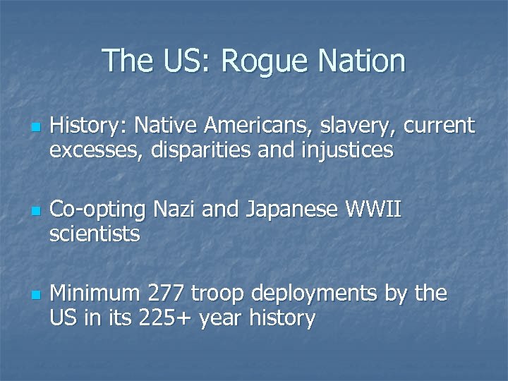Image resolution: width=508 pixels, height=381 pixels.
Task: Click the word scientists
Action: coord(95,233)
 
